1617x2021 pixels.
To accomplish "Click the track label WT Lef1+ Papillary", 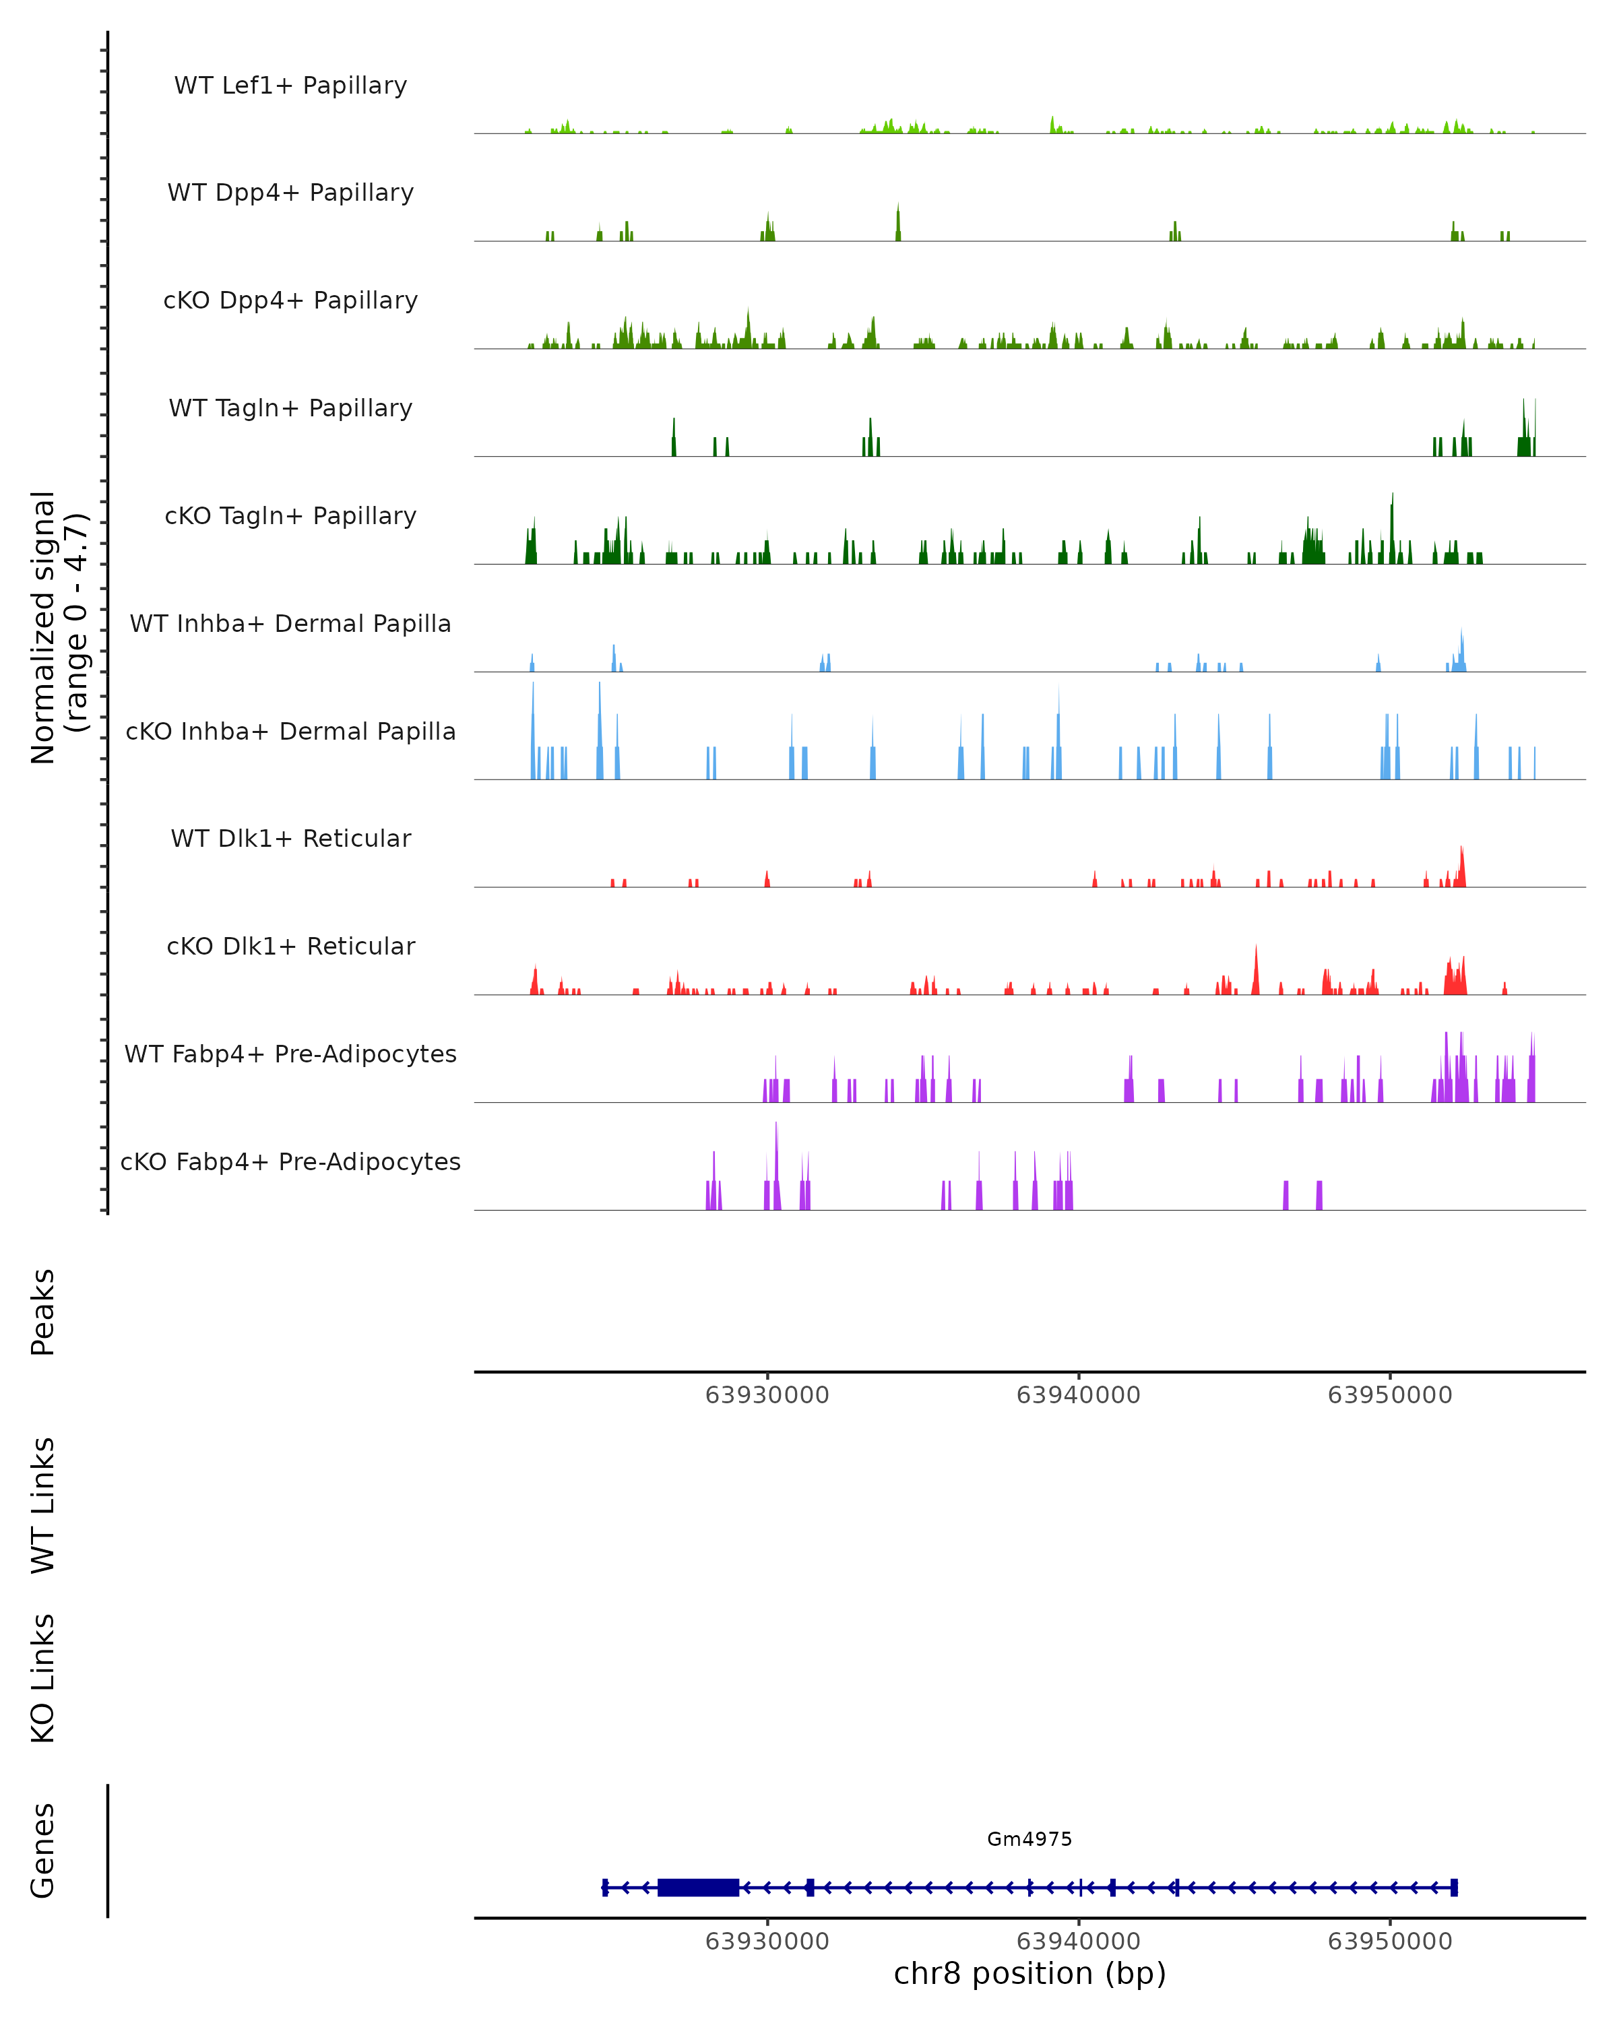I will (x=290, y=86).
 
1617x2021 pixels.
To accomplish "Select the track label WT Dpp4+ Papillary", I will (x=290, y=193).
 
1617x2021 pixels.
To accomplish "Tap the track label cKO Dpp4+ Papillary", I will (x=290, y=301).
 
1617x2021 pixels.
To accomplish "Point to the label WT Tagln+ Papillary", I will (x=290, y=409).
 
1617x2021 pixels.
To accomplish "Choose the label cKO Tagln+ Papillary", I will (x=290, y=517).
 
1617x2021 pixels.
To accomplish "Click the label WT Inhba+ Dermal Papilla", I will (x=290, y=624).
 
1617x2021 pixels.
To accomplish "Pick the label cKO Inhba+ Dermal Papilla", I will (x=290, y=732).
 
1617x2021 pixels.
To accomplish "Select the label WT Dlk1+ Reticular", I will (x=290, y=839).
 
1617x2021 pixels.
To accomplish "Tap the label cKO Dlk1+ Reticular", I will (x=290, y=947).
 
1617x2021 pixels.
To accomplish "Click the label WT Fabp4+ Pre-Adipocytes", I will (x=290, y=1054).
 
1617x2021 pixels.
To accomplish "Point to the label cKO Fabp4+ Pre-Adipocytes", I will (x=290, y=1162).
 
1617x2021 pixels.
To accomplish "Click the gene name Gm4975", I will (x=1029, y=1839).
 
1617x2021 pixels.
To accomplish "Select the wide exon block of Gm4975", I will (x=699, y=1888).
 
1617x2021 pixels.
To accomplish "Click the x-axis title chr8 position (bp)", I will (x=1029, y=1974).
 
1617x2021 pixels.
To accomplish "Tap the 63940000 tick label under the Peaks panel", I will (x=1078, y=1396).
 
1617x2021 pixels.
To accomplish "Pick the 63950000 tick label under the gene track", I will (x=1389, y=1942).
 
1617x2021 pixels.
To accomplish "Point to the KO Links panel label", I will (x=43, y=1678).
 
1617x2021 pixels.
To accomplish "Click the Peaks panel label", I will (x=43, y=1312).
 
